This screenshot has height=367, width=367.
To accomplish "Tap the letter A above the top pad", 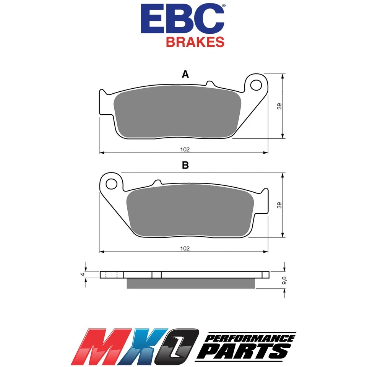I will (x=185, y=75).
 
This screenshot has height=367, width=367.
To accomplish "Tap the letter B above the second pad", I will (x=185, y=165).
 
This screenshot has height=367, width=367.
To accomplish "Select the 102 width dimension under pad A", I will (x=185, y=149).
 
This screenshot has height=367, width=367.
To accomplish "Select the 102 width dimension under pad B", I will (x=185, y=248).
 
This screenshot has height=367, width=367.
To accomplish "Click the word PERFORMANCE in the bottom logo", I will (x=250, y=338).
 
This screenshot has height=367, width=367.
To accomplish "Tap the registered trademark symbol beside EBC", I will (x=224, y=6).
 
